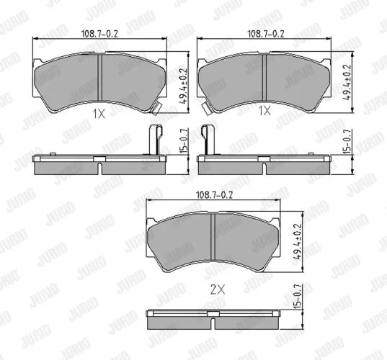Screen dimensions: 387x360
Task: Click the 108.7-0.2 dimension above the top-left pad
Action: point(99,34)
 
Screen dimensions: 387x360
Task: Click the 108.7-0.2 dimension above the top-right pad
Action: point(266,34)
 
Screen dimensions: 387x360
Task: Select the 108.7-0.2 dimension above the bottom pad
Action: point(214,195)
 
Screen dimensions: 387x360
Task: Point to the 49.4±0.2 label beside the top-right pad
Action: point(347,82)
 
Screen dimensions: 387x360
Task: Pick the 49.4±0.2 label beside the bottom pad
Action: point(298,241)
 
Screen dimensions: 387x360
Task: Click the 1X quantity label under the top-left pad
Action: point(99,114)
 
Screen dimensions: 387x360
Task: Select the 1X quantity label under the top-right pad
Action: point(264,110)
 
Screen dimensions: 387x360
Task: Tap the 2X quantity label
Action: point(218,289)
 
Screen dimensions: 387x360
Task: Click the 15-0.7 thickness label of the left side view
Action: point(184,141)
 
